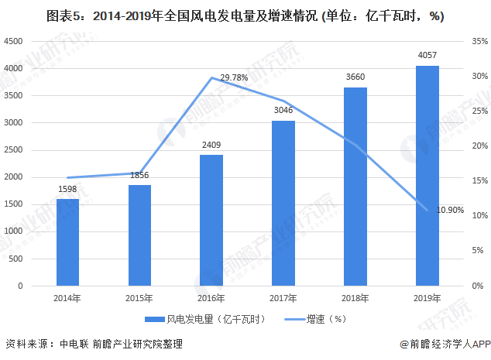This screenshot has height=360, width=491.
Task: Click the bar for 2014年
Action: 68,242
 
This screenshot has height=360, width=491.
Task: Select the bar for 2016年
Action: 211,221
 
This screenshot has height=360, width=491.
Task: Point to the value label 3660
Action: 355,78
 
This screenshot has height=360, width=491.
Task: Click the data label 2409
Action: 211,146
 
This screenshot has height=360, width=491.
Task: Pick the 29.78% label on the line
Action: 235,77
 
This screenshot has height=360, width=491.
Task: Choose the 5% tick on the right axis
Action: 476,251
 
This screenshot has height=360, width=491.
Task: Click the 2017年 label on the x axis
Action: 283,298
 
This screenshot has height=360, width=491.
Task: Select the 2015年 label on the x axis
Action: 139,298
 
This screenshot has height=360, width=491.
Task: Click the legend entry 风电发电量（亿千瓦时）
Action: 203,318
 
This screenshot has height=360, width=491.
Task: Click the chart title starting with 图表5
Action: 245,15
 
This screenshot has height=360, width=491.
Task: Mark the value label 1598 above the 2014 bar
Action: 68,190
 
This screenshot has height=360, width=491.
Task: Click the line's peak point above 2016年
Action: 211,78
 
